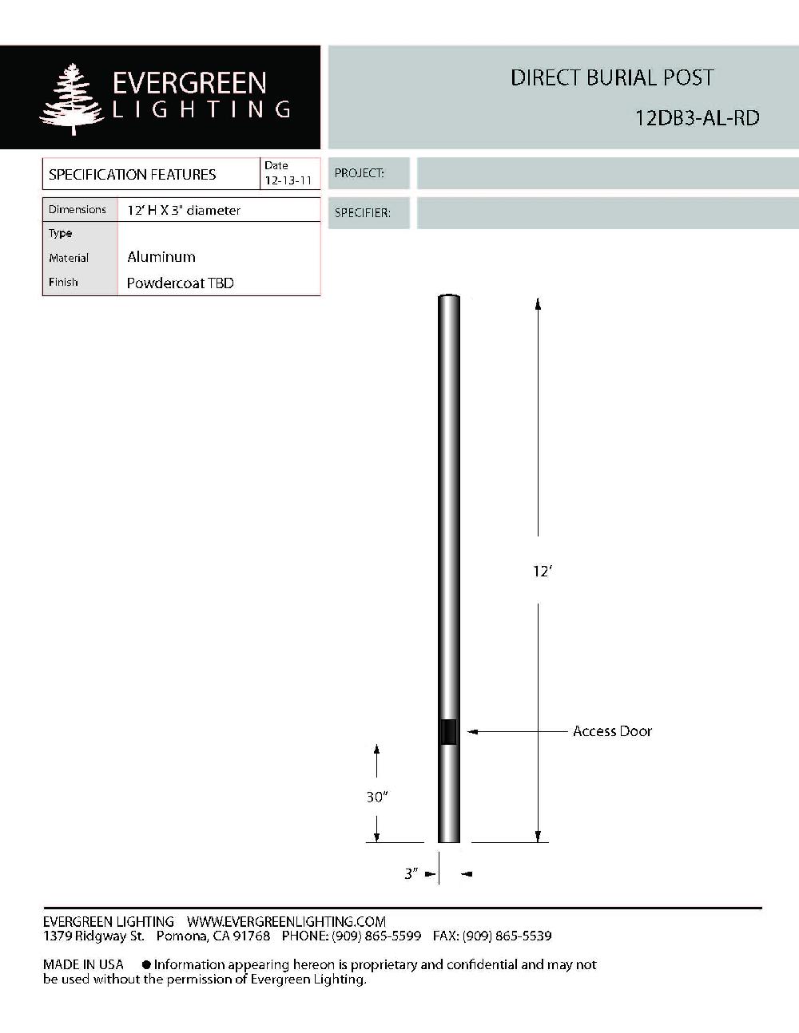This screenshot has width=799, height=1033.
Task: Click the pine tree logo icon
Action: (x=73, y=99)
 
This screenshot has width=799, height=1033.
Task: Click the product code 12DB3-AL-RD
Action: (x=697, y=118)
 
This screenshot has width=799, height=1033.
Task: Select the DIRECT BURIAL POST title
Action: (x=611, y=78)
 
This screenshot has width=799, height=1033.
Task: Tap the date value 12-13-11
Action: (x=288, y=180)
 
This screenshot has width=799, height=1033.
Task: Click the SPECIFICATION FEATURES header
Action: (x=132, y=174)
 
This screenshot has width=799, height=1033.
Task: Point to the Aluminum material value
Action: (x=161, y=257)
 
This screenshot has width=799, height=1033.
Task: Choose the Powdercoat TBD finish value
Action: (x=180, y=283)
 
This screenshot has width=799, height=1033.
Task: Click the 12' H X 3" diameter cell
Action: (x=184, y=211)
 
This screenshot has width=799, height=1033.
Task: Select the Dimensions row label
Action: (x=78, y=210)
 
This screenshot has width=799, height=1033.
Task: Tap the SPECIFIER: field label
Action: (x=362, y=213)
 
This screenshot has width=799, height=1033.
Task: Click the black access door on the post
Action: (x=448, y=731)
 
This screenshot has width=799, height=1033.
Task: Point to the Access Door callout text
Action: (x=612, y=731)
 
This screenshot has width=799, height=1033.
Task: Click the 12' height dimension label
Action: (x=543, y=572)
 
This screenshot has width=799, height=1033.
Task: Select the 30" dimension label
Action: (x=376, y=797)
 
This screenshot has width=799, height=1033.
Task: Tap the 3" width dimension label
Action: (x=411, y=874)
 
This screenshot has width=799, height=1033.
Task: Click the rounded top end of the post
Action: (x=448, y=299)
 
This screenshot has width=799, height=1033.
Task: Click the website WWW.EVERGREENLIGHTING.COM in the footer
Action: (x=286, y=921)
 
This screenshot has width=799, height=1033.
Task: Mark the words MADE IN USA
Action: (x=83, y=964)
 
